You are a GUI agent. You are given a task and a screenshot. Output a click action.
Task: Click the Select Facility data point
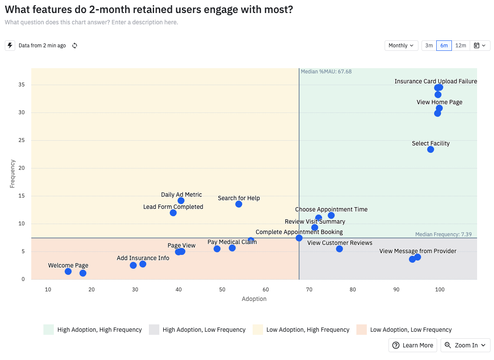click(431, 149)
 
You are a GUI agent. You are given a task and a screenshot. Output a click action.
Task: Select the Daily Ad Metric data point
click(181, 201)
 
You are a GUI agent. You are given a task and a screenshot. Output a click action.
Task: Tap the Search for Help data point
click(239, 204)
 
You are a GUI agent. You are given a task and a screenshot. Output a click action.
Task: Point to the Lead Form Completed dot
click(173, 213)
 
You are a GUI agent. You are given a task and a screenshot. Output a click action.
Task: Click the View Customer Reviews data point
click(339, 249)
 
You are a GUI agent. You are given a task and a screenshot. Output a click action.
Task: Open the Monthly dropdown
click(401, 46)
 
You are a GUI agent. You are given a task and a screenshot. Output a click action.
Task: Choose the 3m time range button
click(429, 46)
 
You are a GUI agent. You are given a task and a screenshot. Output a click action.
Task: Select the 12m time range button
click(461, 46)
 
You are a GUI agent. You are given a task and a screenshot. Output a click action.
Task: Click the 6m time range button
click(444, 46)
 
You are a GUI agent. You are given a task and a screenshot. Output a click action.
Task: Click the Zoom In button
click(465, 345)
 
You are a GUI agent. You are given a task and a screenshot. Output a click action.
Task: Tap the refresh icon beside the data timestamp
click(75, 46)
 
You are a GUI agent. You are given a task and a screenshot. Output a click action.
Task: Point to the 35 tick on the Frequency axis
click(22, 85)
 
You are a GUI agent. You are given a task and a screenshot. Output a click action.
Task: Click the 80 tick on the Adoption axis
click(352, 289)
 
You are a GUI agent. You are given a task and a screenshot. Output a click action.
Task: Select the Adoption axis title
click(254, 299)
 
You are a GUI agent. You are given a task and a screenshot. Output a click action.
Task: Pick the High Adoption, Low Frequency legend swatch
click(154, 330)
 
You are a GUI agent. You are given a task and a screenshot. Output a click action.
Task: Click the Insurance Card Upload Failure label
click(435, 81)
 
